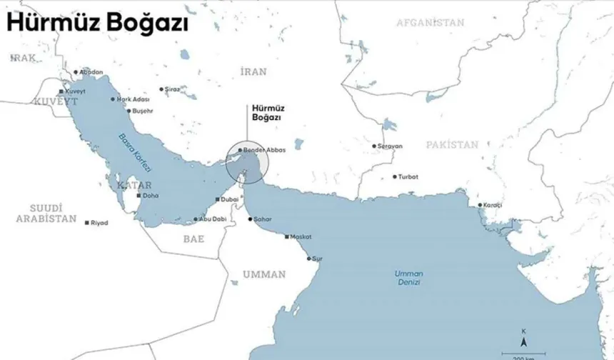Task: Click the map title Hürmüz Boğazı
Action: pyautogui.click(x=97, y=23)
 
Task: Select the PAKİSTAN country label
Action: pyautogui.click(x=452, y=144)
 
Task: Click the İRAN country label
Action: pyautogui.click(x=253, y=71)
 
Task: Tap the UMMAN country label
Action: pyautogui.click(x=263, y=274)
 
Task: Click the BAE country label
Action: pyautogui.click(x=193, y=239)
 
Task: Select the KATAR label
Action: pyautogui.click(x=130, y=185)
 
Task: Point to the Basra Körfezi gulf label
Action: pyautogui.click(x=135, y=152)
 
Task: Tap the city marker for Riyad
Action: pyautogui.click(x=87, y=223)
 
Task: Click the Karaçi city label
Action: pyautogui.click(x=493, y=205)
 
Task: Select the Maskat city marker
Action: pyautogui.click(x=286, y=236)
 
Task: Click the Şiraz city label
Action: pyautogui.click(x=171, y=89)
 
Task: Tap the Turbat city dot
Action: pyautogui.click(x=394, y=176)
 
